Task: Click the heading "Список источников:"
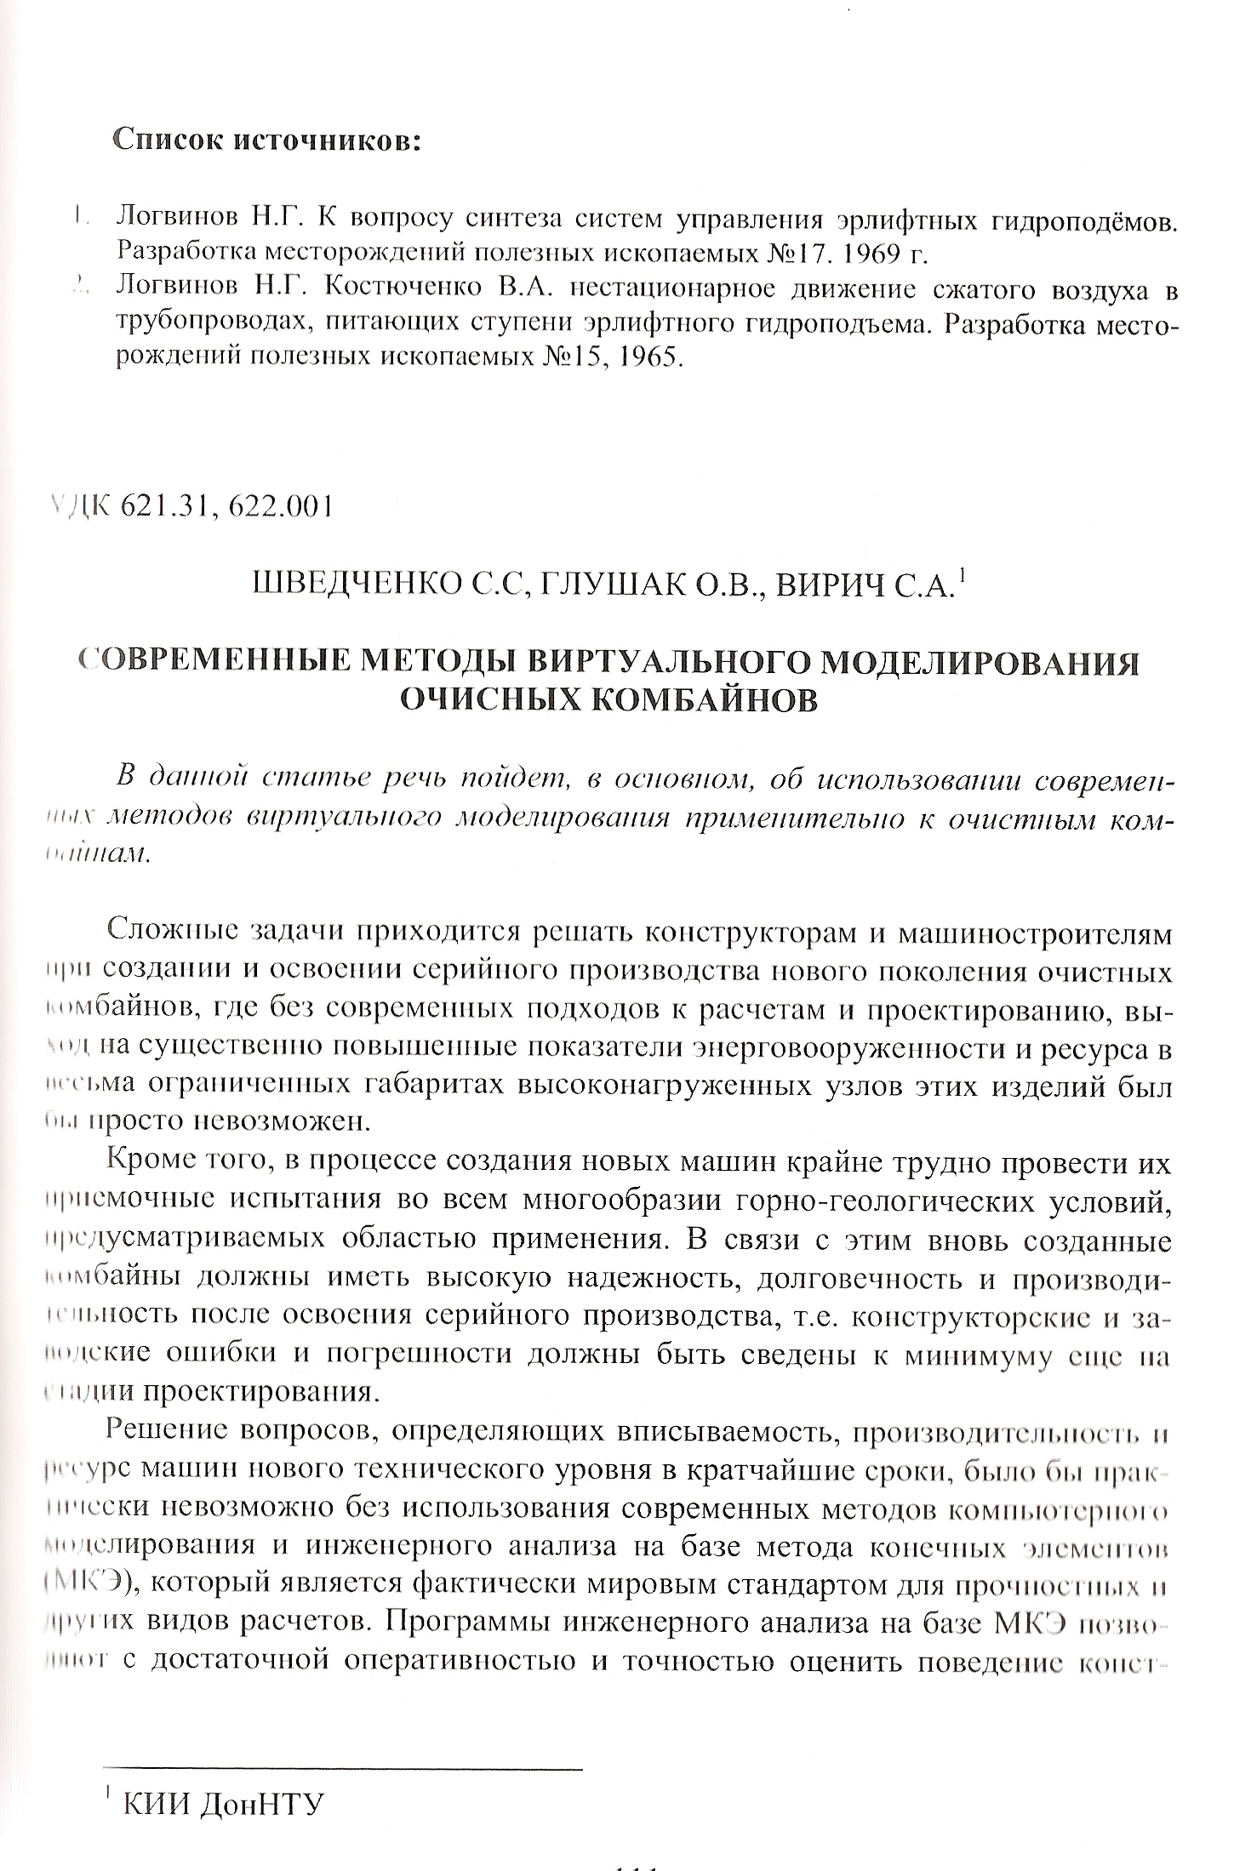(x=267, y=140)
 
